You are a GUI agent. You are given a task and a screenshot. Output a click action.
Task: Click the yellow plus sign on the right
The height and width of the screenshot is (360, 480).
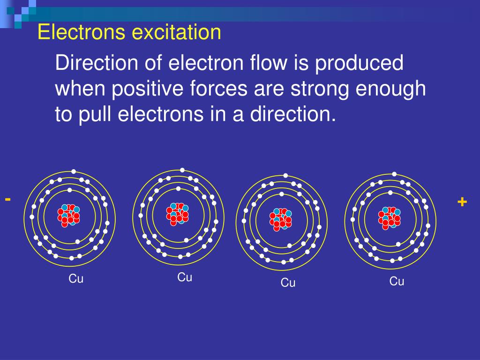462,202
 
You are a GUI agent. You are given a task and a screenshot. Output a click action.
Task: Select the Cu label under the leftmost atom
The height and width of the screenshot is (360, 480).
76,279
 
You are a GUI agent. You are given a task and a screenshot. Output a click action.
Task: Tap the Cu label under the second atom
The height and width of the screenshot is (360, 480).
185,277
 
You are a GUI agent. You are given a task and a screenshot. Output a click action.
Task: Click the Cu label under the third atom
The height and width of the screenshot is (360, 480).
288,283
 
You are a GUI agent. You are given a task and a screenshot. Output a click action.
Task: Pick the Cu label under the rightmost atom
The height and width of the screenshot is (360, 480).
397,281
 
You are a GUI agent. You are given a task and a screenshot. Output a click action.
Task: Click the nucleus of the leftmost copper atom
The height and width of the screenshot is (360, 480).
69,215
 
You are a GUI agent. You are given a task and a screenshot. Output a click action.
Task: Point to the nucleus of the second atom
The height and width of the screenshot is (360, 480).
177,213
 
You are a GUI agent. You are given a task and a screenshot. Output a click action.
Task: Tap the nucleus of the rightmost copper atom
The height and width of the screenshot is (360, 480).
390,217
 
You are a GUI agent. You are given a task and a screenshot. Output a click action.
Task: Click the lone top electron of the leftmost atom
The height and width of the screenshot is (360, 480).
74,172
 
